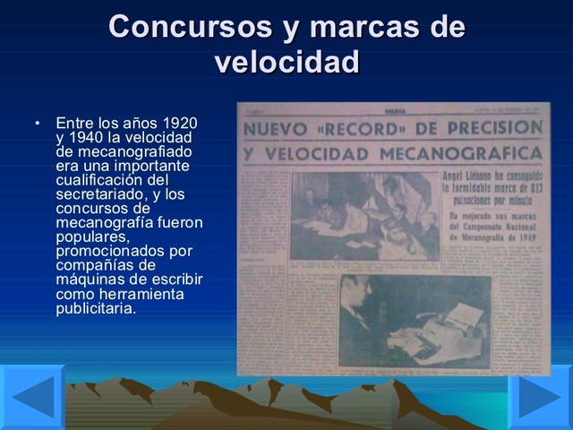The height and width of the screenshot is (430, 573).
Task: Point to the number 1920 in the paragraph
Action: click(179, 121)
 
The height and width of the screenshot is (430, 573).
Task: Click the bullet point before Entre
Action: click(37, 122)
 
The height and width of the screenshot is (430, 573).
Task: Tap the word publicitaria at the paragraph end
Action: click(95, 308)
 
